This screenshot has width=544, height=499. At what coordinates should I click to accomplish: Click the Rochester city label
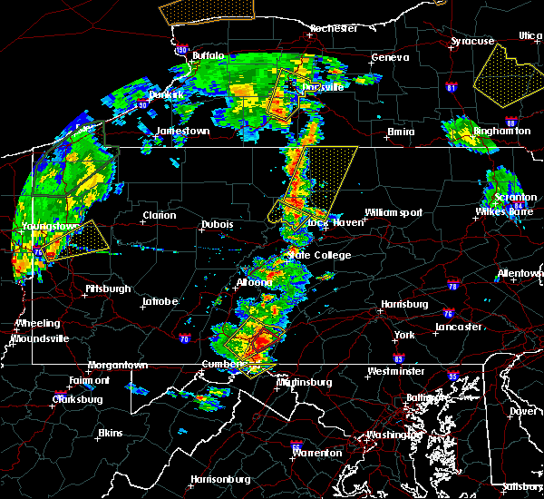coord(333,28)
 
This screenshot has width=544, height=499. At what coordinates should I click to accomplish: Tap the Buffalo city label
coord(209,55)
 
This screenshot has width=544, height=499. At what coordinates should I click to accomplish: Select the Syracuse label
coord(473,41)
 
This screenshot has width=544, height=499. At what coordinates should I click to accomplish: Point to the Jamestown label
coord(183,131)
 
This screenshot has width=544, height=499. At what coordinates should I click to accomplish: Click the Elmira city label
coord(401,132)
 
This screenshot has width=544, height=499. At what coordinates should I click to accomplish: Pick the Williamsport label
coord(393,212)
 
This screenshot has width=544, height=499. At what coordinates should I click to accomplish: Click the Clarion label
coord(159,215)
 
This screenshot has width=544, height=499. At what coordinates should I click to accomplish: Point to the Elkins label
coord(110,433)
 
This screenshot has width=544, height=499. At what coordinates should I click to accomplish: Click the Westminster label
coord(395,371)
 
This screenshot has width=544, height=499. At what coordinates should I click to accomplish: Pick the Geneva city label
coord(384,58)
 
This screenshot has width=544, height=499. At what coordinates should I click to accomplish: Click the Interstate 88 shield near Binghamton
coord(510,122)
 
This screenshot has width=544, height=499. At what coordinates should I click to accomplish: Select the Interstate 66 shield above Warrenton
coord(296,446)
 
